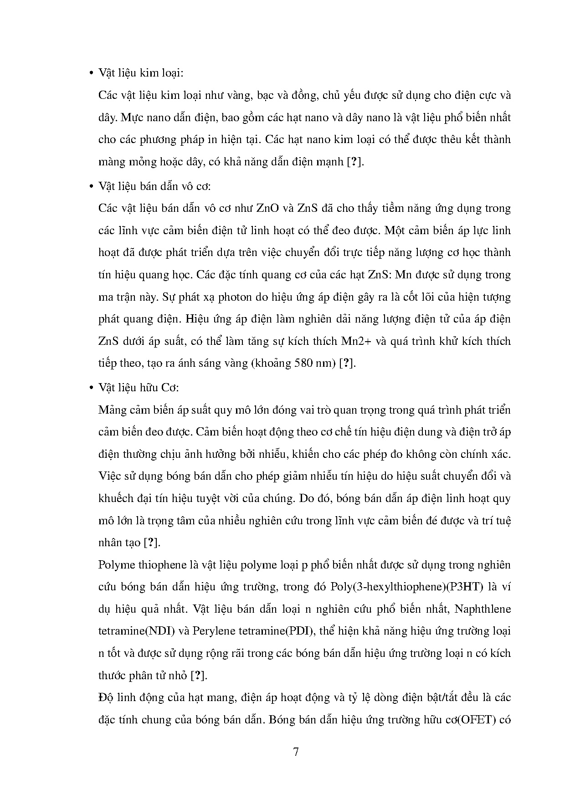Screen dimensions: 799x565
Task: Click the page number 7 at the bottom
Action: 296,752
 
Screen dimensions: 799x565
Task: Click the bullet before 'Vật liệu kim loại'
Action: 90,74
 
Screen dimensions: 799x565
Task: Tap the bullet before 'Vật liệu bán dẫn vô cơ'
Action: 90,187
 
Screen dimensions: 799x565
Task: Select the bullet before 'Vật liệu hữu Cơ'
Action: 90,388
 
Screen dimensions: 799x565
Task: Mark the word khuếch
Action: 115,498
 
